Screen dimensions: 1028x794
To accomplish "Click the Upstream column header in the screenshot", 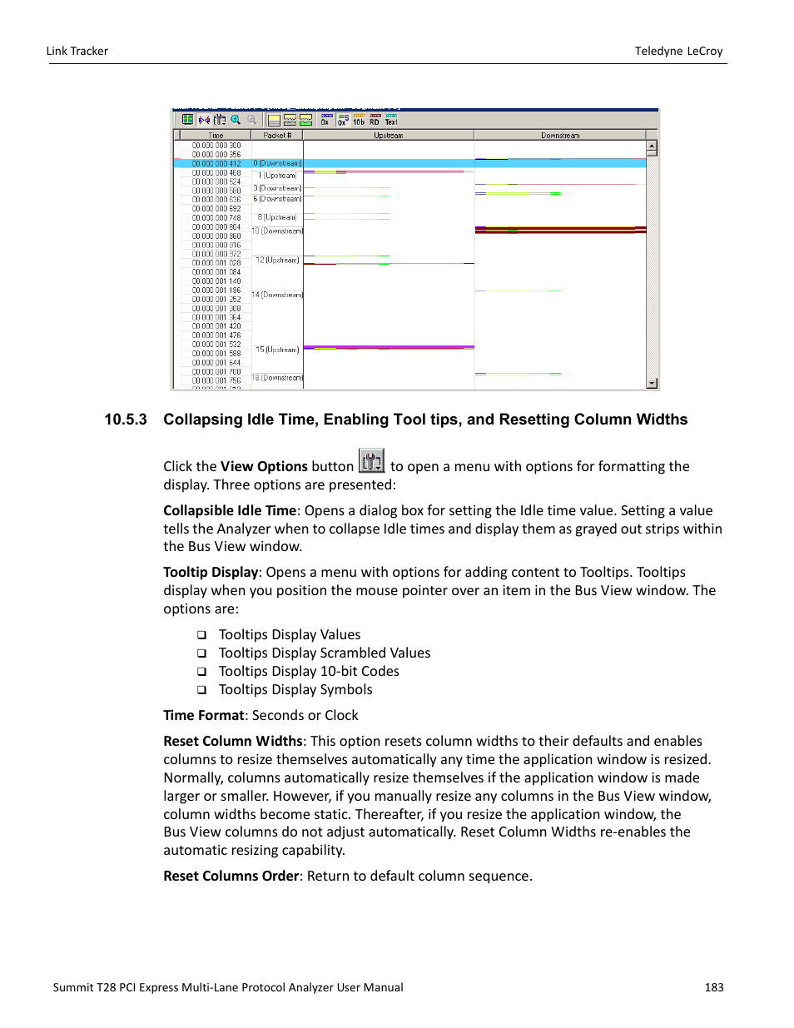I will (x=388, y=135).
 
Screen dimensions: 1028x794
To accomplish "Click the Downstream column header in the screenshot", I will (x=559, y=135).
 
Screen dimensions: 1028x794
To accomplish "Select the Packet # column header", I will (x=276, y=135).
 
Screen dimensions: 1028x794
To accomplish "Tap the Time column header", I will (x=216, y=135).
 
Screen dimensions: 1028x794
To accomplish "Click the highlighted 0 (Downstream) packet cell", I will (x=277, y=163).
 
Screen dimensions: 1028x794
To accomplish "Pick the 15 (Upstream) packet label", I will (x=277, y=350).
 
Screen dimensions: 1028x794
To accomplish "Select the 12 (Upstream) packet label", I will (x=277, y=260).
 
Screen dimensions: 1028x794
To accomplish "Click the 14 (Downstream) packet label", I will (x=277, y=295).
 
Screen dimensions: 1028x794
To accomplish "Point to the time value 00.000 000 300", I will (x=216, y=146).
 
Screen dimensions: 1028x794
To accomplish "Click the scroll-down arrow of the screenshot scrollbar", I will (x=652, y=383).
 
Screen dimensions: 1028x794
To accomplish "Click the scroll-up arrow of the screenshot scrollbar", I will (x=652, y=146).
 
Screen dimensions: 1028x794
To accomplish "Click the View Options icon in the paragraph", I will (x=371, y=460).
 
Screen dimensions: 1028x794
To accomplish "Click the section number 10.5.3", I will (x=125, y=420).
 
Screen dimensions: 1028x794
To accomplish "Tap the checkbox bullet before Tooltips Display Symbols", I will (x=201, y=690).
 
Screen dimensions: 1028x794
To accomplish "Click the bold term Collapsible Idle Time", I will (x=229, y=511).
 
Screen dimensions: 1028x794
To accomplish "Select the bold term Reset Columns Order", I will (x=231, y=877).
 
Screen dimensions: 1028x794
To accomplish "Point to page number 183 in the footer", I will (x=713, y=987).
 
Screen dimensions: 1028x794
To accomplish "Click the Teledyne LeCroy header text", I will (x=678, y=51).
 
